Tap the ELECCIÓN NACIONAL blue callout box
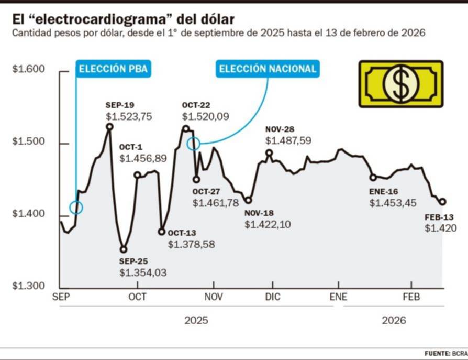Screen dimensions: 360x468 [x=267, y=69]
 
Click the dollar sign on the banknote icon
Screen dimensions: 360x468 [x=400, y=84]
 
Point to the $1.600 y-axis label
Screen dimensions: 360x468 [x=29, y=70]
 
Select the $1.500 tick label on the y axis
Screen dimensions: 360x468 [x=29, y=143]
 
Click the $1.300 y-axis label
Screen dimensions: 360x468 [x=29, y=287]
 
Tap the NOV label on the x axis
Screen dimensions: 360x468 [x=214, y=297]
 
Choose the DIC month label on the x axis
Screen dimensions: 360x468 [x=273, y=297]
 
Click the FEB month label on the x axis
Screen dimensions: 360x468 [x=411, y=297]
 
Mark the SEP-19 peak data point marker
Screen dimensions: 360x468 [x=109, y=126]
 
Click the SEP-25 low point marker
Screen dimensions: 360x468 [x=124, y=249]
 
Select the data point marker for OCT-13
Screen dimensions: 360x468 [x=161, y=232]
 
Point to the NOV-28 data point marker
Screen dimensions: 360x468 [x=269, y=153]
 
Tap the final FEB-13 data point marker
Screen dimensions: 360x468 [x=442, y=202]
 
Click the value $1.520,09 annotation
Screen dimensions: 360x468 [x=206, y=117]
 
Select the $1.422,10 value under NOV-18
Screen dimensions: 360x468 [x=268, y=224]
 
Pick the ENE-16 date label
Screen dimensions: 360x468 [x=384, y=191]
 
